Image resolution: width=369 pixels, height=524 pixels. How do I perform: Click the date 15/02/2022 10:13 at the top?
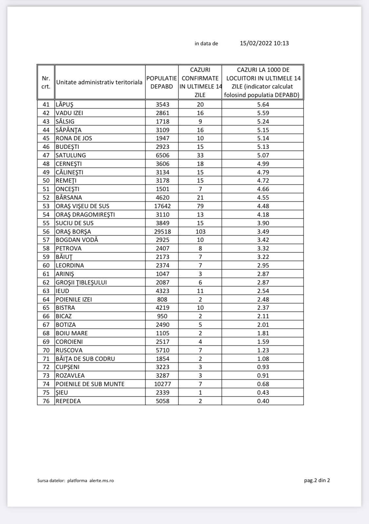pos(264,43)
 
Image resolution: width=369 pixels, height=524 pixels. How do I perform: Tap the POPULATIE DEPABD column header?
pos(162,82)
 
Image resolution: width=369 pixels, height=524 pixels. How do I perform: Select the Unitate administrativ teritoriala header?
pos(99,82)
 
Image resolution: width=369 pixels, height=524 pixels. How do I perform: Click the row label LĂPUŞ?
pos(65,105)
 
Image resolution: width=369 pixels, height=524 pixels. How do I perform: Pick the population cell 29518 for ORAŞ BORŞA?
pos(162,231)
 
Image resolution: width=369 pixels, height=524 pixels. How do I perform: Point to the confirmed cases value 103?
pos(200,231)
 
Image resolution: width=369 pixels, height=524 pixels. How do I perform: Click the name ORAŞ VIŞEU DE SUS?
pos(82,206)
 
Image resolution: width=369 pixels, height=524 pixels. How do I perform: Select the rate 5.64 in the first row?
pos(263,105)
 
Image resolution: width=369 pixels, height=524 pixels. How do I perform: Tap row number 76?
pos(46,401)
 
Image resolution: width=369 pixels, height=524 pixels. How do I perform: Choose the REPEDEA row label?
pos(68,401)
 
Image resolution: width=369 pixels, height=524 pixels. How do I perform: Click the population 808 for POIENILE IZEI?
pos(162,300)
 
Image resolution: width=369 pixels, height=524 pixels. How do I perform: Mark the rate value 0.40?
pos(263,401)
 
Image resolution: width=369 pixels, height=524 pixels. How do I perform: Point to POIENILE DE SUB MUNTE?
pos(90,384)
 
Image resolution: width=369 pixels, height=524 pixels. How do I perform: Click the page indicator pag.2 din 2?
pos(317,480)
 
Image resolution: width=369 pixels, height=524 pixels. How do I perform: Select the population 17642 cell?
pos(162,206)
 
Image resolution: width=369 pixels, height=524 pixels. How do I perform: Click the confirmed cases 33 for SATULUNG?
pos(200,155)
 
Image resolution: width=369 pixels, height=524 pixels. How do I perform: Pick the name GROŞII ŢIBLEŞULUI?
pos(81,282)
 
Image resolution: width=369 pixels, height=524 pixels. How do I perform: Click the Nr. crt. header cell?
pos(46,82)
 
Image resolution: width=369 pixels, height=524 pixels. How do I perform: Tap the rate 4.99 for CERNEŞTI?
pos(263,164)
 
